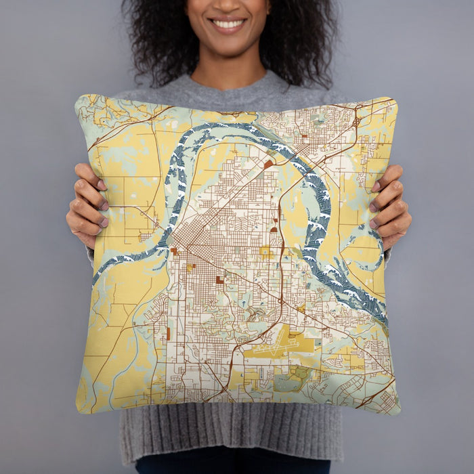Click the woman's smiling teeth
pyautogui.click(x=228, y=24)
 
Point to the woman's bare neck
pyautogui.click(x=230, y=71)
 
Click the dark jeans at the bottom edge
pyautogui.click(x=230, y=467)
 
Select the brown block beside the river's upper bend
pyautogui.click(x=269, y=165)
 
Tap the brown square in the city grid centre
pyautogui.click(x=219, y=279)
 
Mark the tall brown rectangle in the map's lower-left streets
pyautogui.click(x=168, y=333)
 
